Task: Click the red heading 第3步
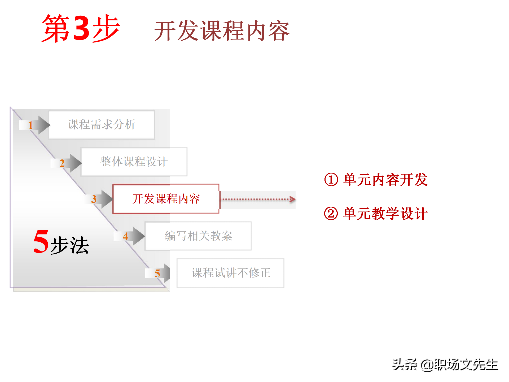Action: (81, 29)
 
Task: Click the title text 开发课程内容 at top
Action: (222, 31)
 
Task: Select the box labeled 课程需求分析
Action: (102, 125)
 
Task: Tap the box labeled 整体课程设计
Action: (134, 162)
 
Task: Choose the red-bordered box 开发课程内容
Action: (166, 199)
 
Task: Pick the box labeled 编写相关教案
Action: (198, 236)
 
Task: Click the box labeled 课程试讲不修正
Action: (231, 273)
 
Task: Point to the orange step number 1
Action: (30, 125)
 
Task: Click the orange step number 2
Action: (62, 163)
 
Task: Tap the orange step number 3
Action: (94, 199)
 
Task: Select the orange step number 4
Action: (125, 236)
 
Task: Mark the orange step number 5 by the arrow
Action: (157, 274)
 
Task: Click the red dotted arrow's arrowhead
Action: (292, 199)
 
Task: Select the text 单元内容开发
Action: (385, 180)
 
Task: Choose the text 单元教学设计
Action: (385, 214)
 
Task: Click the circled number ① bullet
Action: (331, 180)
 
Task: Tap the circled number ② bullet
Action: (331, 214)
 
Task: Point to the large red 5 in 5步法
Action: (41, 241)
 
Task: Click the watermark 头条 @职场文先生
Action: (445, 365)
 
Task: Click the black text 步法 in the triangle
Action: (70, 245)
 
